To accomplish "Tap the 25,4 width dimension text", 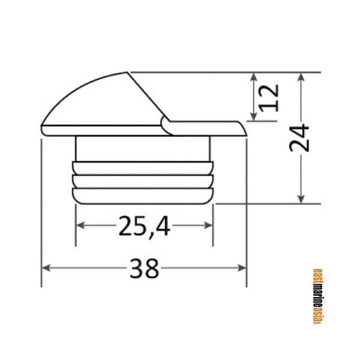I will [x=144, y=226].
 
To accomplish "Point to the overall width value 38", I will [x=144, y=269].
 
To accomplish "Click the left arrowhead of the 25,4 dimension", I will [x=79, y=226].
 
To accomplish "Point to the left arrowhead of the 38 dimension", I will [x=45, y=268].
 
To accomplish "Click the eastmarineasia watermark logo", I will [x=317, y=296].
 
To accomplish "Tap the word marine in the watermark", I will [x=317, y=296].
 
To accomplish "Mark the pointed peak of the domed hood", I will [x=127, y=73].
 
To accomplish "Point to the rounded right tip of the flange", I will [x=244, y=129].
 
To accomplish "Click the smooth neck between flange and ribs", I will [x=144, y=149].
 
